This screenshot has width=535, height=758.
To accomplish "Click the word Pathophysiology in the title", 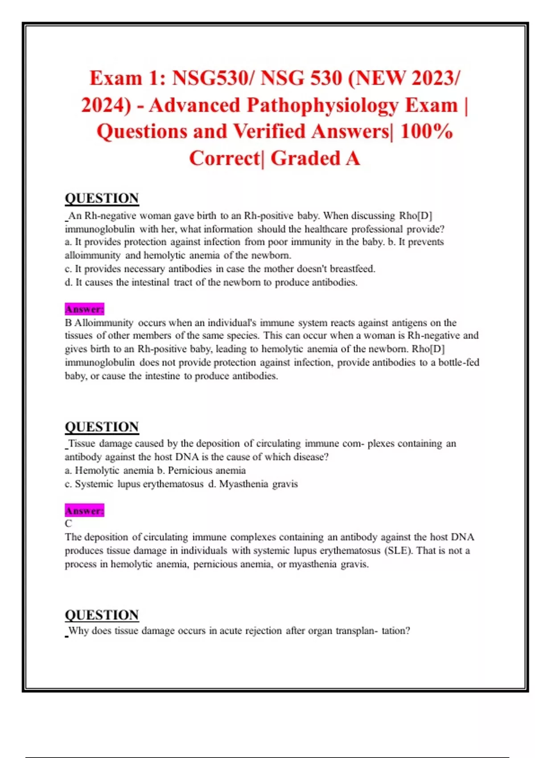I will point(322,105).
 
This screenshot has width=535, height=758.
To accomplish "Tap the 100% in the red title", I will point(426,132).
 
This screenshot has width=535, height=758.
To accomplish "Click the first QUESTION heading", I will point(102,198).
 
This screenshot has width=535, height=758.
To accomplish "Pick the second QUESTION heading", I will point(102,427).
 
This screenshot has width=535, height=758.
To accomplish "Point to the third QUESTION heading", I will point(102,615).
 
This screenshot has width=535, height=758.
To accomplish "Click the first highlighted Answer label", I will point(84,309).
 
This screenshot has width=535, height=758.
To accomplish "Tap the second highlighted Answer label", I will point(84,511).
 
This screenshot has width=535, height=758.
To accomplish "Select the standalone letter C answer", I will point(68,523).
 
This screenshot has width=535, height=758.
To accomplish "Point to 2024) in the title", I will point(106,105).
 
